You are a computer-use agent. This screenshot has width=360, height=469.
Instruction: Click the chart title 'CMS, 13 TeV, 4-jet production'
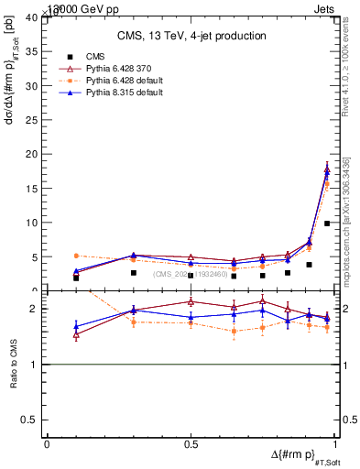[191, 36]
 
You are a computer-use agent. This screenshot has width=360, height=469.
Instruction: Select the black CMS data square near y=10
[327, 224]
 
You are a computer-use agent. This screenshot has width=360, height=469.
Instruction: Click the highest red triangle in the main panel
[327, 167]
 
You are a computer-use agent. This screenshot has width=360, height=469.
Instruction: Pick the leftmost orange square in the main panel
[76, 256]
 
